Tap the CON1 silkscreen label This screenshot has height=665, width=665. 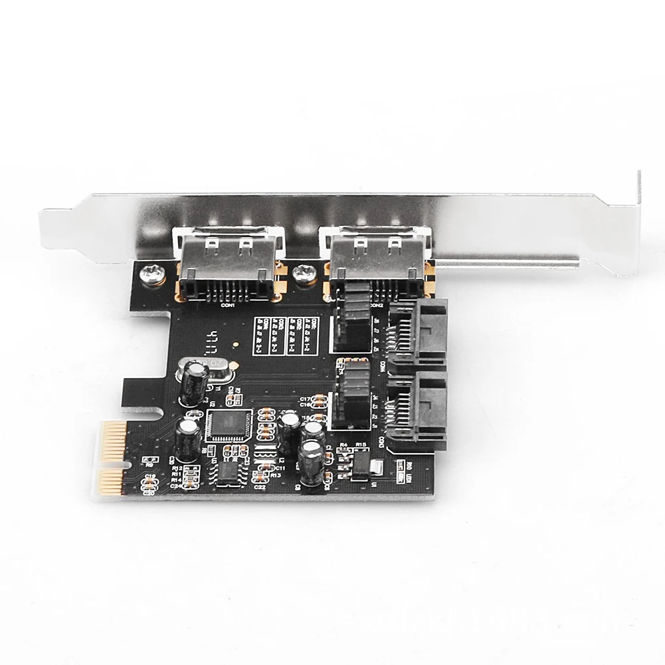pos(228,306)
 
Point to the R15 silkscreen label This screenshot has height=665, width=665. pos(361,444)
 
